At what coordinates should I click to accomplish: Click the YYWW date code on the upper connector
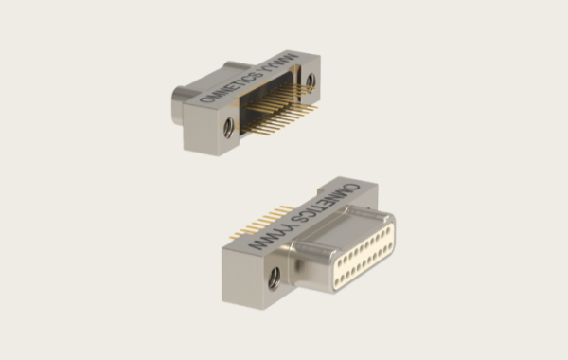tap(282, 63)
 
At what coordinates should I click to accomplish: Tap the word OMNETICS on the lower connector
tap(326, 204)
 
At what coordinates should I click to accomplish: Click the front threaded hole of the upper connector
tap(228, 128)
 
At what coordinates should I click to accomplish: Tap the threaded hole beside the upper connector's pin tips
tap(311, 82)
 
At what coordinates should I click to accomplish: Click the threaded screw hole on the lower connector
tap(275, 279)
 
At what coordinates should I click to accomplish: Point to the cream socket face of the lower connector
tap(364, 257)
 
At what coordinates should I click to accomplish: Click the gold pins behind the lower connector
tap(259, 222)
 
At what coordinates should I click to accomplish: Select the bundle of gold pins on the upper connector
tap(280, 108)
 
